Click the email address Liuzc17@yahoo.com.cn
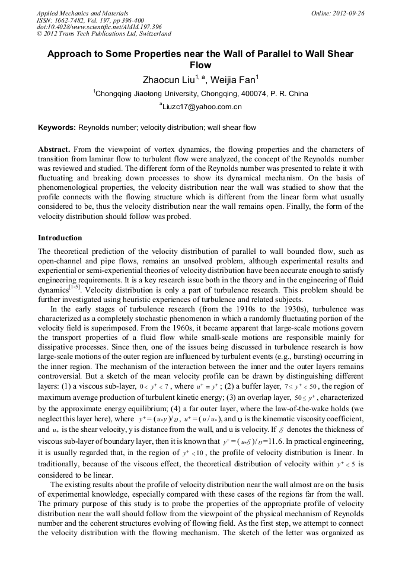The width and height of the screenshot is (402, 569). coord(202,107)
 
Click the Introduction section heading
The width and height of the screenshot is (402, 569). coord(60,238)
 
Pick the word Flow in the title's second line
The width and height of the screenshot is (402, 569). coord(200,65)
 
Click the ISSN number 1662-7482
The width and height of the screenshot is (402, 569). coord(71,20)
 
